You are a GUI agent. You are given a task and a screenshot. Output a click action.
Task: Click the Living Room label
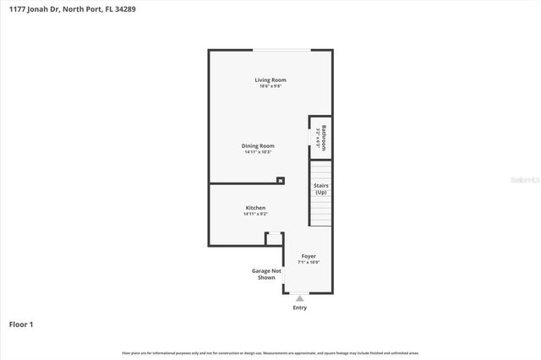tap(270, 80)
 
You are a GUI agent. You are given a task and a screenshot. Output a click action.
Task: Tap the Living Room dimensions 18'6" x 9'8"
tap(270, 86)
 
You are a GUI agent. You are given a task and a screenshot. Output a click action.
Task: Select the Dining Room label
tap(258, 145)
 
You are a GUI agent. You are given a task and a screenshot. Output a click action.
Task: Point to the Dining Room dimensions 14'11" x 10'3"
tap(258, 152)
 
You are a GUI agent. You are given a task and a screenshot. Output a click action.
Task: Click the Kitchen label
tap(255, 208)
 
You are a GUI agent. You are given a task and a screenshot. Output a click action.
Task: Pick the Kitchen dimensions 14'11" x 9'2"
tap(255, 214)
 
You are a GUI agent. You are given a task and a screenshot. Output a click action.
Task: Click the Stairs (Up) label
tap(321, 188)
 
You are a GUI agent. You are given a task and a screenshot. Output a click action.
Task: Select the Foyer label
tap(309, 256)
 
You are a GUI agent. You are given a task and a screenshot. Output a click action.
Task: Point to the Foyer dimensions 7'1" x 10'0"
tap(309, 262)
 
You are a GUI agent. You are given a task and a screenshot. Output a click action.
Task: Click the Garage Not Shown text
tap(265, 274)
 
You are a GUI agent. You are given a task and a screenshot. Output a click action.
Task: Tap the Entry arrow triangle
tap(299, 297)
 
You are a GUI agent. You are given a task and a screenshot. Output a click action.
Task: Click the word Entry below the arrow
tap(299, 308)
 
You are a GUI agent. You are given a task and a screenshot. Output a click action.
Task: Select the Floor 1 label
tap(21, 324)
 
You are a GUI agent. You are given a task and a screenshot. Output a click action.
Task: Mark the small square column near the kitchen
tap(281, 179)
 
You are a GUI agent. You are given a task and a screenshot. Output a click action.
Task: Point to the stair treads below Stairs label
tap(320, 211)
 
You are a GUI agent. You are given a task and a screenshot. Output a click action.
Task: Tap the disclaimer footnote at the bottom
tap(270, 352)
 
